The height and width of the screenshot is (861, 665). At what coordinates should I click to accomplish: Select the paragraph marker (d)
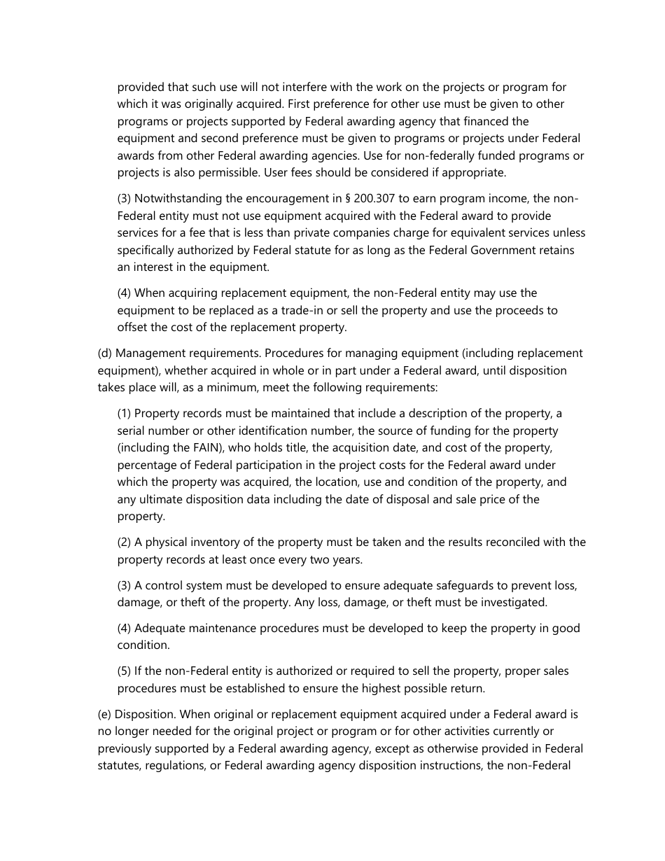pos(104,353)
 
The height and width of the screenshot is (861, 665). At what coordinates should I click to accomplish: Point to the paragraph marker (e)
pos(104,715)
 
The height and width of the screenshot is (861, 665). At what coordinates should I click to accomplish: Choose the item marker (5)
pos(124,671)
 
